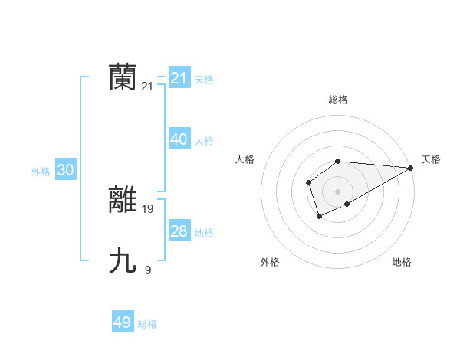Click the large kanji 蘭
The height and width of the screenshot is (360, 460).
[x=123, y=77]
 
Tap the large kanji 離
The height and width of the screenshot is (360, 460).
[x=123, y=200]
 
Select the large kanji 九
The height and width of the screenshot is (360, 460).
[x=123, y=261]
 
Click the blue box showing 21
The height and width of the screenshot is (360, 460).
[x=179, y=78]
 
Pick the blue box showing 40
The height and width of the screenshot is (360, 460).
[x=179, y=139]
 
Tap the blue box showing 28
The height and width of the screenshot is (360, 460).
[x=179, y=231]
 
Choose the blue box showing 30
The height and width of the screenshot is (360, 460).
[x=66, y=170]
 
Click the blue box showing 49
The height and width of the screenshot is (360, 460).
[x=123, y=322]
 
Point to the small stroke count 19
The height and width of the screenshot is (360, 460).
[x=148, y=208]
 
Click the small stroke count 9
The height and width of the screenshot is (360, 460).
[x=148, y=270]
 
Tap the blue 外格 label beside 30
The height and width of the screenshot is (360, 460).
[x=41, y=172]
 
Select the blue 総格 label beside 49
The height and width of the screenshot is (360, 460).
[x=147, y=324]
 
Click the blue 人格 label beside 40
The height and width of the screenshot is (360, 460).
[x=204, y=141]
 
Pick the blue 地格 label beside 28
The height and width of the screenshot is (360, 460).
[x=204, y=233]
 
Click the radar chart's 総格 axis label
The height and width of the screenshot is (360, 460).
[x=338, y=100]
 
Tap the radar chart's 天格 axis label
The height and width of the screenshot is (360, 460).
[x=431, y=159]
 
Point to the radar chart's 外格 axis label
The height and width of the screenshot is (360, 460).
[x=270, y=262]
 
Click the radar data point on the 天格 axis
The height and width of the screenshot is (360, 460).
[x=411, y=168]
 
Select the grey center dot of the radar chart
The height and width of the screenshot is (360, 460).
[x=337, y=191]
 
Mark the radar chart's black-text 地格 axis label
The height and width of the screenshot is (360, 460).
[x=402, y=262]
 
